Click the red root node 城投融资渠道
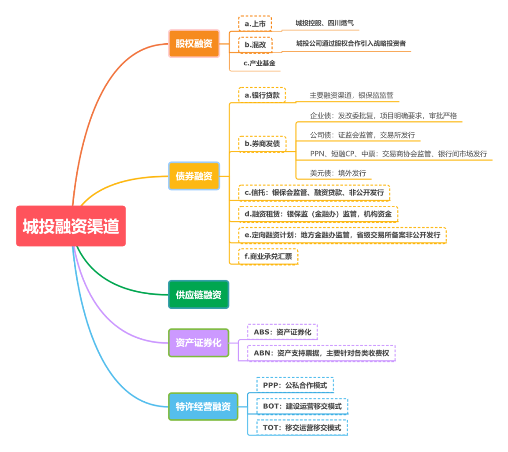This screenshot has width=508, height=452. click(71, 226)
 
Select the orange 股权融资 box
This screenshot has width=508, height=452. click(194, 44)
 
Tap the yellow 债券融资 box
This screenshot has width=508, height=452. click(194, 176)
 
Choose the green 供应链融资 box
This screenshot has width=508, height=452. click(198, 295)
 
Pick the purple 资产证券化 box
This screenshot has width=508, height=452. click(198, 343)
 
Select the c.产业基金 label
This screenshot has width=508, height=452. click(259, 63)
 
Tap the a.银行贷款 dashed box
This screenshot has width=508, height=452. click(262, 95)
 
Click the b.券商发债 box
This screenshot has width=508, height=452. click(262, 144)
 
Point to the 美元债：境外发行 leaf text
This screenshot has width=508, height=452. click(338, 173)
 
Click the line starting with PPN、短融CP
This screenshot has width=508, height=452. click(398, 154)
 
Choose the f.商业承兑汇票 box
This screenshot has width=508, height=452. click(268, 257)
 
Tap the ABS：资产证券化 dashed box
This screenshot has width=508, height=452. click(282, 332)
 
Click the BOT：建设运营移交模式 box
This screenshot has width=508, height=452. click(302, 406)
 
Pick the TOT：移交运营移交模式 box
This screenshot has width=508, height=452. click(302, 428)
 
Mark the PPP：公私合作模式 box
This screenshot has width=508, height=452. click(295, 385)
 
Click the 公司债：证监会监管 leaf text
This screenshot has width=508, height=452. click(362, 135)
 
